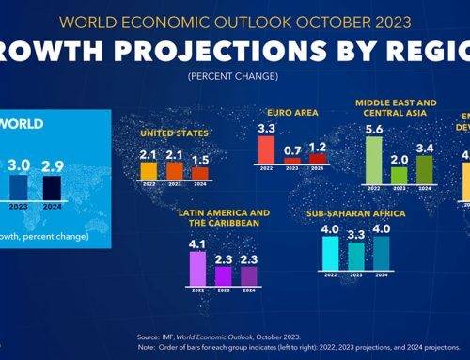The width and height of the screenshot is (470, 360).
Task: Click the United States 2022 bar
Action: click(x=149, y=170)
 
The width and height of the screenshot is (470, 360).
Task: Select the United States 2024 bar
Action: click(x=199, y=173)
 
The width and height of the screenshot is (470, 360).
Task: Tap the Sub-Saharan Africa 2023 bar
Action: click(x=355, y=256)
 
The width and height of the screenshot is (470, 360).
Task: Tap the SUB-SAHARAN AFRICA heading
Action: click(x=355, y=214)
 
